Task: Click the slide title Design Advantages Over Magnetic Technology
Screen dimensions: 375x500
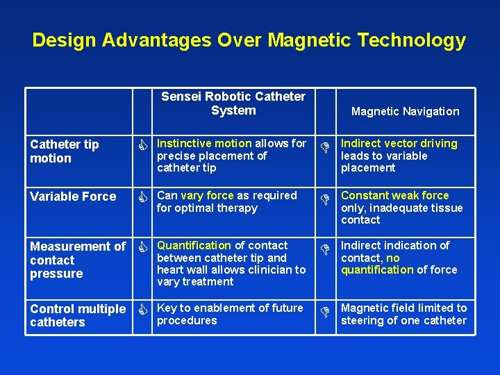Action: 249,40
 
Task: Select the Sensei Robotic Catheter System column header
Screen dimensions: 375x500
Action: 233,103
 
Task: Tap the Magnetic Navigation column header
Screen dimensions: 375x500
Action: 405,111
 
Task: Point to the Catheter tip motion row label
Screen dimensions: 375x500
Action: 65,151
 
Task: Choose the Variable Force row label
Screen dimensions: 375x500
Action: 73,197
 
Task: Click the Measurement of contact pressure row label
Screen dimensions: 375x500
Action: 78,260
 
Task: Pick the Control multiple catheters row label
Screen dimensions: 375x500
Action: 78,315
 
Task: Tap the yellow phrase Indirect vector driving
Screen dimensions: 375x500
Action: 399,144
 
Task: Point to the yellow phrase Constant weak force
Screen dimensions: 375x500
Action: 394,196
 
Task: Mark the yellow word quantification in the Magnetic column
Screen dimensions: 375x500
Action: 377,270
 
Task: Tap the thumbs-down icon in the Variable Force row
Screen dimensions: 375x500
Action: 324,199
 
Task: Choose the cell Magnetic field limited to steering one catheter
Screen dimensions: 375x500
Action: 403,315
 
